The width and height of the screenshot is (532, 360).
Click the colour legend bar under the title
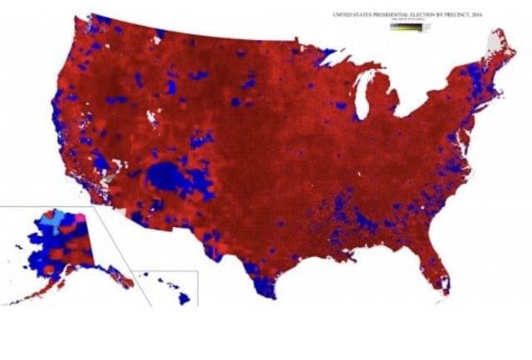tap(406, 27)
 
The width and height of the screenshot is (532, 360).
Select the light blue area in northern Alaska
tap(62, 221)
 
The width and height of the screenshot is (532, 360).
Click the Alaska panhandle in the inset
tap(116, 274)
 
